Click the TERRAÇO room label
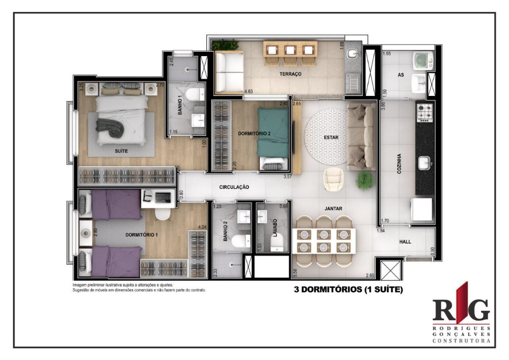coord(290,74)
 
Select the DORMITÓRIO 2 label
coord(254,134)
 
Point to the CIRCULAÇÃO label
coord(234,187)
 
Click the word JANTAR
coord(333,209)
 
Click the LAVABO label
coord(274,228)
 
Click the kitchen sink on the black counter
coord(425,163)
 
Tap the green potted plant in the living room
coord(365,180)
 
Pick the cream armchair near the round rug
coord(332,179)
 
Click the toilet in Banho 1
coord(197,94)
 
